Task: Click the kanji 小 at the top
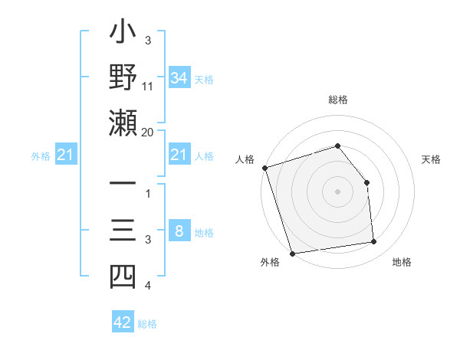point(123,35)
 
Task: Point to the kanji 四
point(123,277)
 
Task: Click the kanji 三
point(123,231)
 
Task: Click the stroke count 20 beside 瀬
point(148,132)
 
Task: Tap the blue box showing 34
point(179,77)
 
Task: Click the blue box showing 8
point(179,231)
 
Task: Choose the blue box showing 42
point(123,322)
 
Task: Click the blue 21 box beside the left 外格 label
point(66,155)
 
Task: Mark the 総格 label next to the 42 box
point(147,324)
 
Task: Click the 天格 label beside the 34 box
point(204,79)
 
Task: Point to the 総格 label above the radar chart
point(338,100)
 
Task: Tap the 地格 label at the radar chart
point(402,263)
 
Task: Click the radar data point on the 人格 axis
point(264,168)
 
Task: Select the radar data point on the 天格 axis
point(366,182)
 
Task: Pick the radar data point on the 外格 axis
point(292,254)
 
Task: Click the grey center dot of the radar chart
point(338,191)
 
